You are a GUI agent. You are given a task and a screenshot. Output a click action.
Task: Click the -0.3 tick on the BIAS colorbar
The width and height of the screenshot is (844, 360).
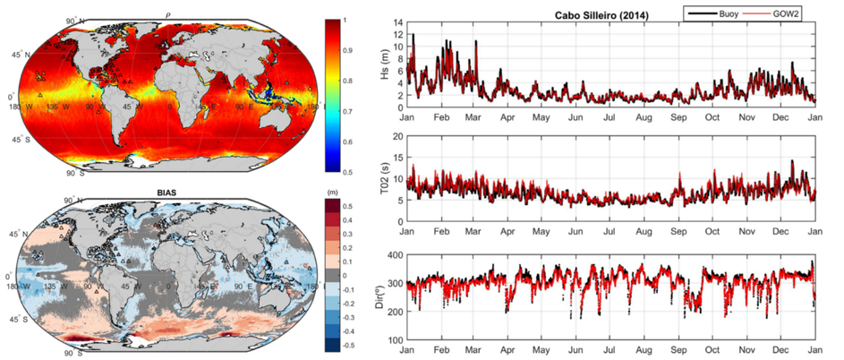coord(356,316)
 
